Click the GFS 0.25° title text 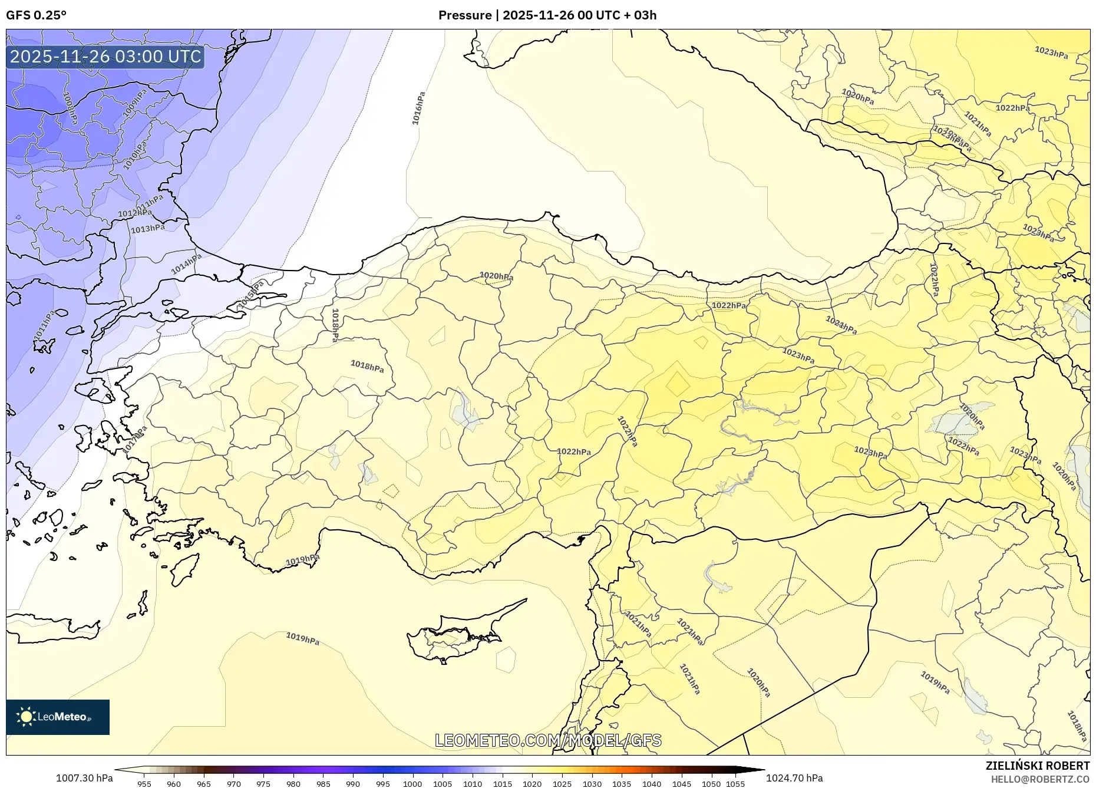36,15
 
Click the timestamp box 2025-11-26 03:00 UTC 105,57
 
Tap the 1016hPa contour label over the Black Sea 418,108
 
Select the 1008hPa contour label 70,108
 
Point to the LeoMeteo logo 58,717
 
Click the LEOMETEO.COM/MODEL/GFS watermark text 548,740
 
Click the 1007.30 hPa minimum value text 84,778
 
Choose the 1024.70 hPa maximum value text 794,778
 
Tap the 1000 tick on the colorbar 412,784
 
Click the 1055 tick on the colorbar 735,784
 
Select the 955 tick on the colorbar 144,784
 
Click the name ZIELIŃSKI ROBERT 1037,766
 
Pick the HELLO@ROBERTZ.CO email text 1039,779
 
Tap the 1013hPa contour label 147,229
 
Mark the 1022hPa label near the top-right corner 1012,108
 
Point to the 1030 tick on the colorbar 592,784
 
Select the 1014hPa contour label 186,263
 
